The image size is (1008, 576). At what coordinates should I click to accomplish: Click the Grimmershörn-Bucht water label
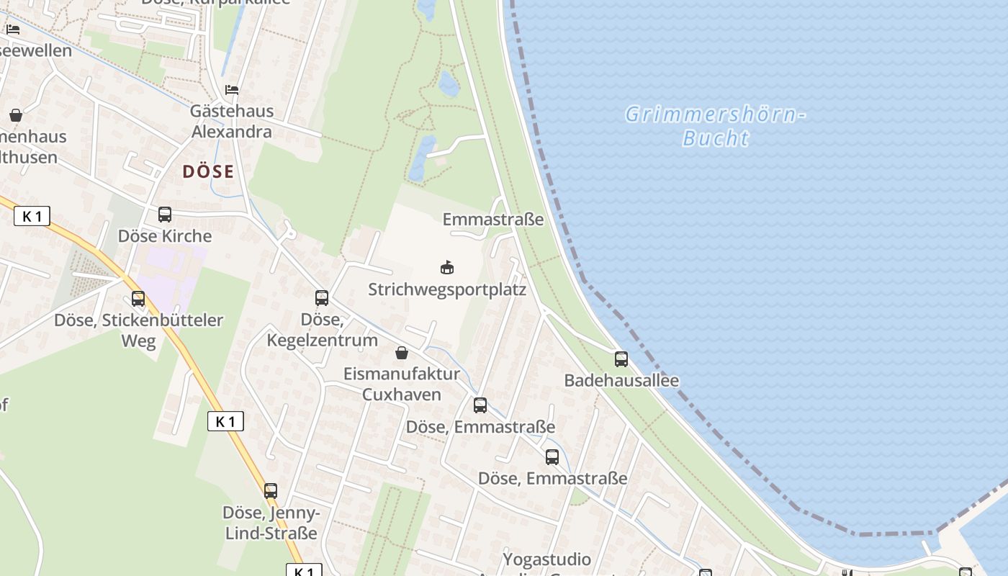click(x=715, y=126)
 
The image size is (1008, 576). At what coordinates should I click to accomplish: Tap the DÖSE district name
click(x=208, y=171)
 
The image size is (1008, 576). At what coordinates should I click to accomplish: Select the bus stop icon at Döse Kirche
click(x=165, y=214)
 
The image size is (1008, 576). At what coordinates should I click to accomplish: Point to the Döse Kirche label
click(x=165, y=236)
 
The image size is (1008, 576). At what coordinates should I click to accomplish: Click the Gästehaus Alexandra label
click(x=231, y=121)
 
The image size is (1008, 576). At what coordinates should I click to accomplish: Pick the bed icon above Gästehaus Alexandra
click(x=232, y=90)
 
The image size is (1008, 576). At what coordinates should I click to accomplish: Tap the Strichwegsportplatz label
click(x=447, y=289)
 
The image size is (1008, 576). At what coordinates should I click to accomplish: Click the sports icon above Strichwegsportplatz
click(x=447, y=267)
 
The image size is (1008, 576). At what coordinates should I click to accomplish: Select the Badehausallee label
click(x=621, y=380)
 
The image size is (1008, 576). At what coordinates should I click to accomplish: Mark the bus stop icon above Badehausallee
click(x=621, y=359)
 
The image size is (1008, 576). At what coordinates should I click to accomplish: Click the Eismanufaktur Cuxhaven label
click(x=402, y=384)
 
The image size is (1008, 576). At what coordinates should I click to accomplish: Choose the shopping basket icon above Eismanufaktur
click(x=402, y=353)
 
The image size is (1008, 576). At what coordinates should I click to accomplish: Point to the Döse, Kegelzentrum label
click(x=322, y=329)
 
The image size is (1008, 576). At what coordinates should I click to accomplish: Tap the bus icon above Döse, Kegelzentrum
click(x=322, y=297)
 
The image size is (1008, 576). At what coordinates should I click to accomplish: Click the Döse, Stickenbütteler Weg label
click(x=138, y=330)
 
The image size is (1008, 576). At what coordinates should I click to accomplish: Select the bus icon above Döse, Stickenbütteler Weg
click(x=138, y=298)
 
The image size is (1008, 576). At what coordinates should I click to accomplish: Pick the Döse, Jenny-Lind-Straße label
click(x=271, y=523)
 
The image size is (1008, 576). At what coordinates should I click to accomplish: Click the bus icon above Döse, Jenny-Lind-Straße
click(x=271, y=491)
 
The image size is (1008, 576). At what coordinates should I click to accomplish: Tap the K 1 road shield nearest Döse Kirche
click(x=32, y=216)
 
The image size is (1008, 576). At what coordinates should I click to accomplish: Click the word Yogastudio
click(x=547, y=559)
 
